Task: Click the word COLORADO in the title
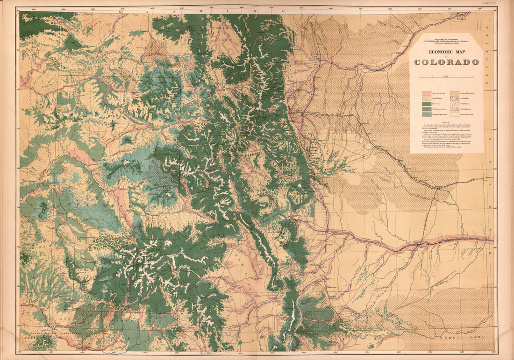446,62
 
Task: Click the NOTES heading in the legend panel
446,120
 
